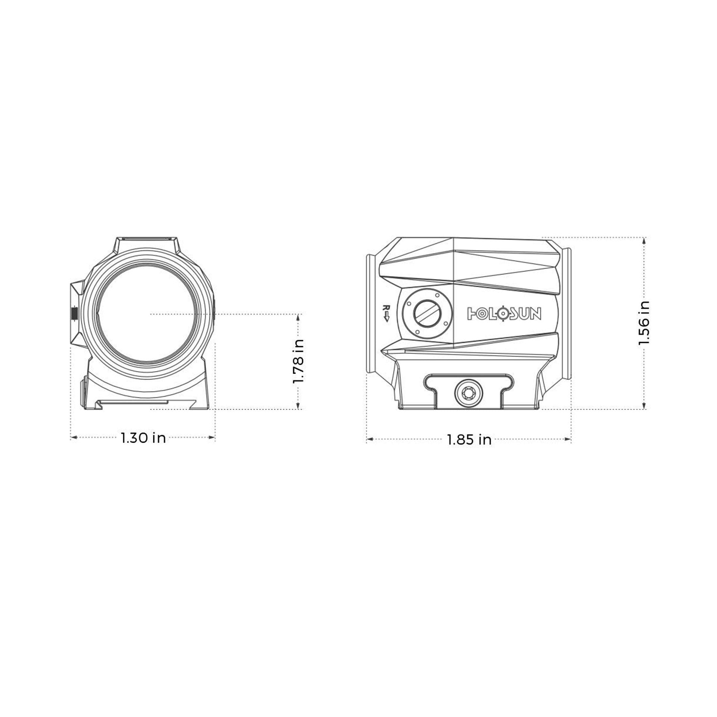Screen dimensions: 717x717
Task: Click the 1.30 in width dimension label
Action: (x=143, y=438)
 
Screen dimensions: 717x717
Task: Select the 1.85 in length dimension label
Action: (x=469, y=440)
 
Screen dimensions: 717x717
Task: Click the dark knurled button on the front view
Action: (x=74, y=314)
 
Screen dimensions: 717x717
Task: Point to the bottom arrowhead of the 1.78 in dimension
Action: (x=298, y=406)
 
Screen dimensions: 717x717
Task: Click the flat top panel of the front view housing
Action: (x=146, y=239)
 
